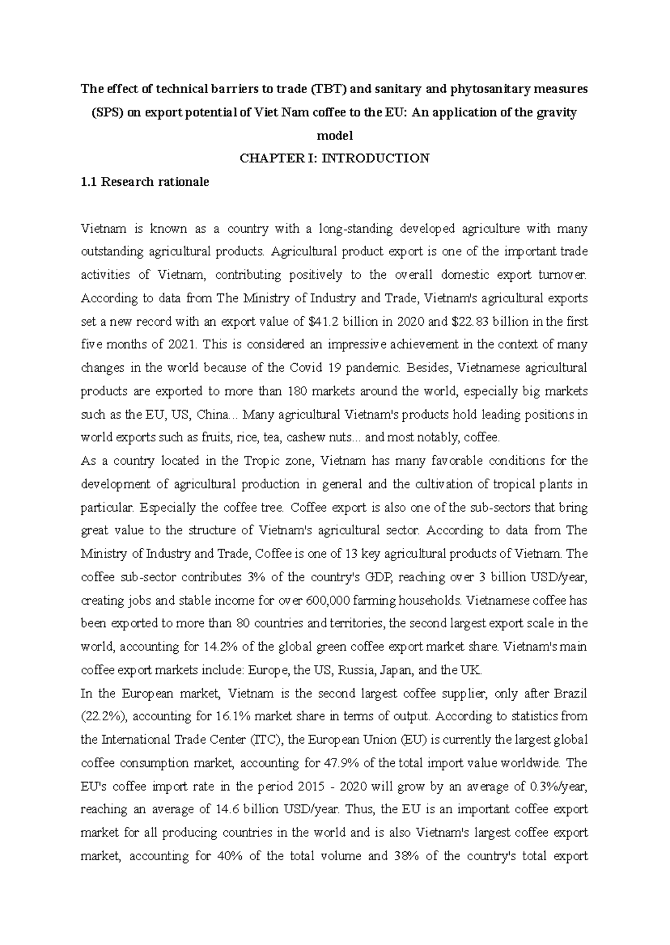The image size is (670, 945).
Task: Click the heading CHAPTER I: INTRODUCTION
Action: tap(334, 158)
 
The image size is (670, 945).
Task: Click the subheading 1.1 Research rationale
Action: tap(145, 182)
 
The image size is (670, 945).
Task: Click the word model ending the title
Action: tap(334, 136)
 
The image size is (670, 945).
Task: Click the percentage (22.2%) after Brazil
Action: tap(103, 716)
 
